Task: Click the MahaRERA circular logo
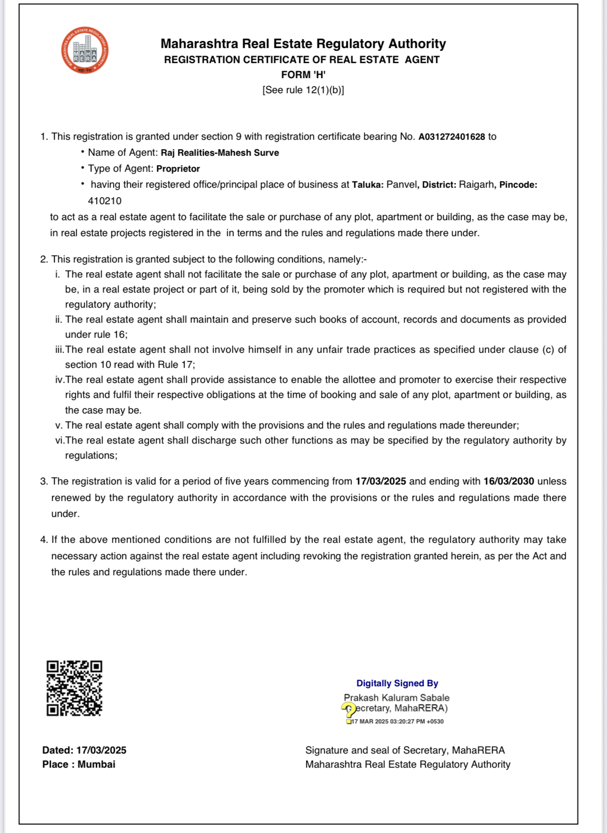[x=85, y=50]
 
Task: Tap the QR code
[x=74, y=688]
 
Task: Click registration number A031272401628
[x=451, y=137]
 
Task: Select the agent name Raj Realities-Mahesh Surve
[x=220, y=153]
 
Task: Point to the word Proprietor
[x=178, y=169]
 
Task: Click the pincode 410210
[x=104, y=201]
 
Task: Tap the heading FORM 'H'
[x=303, y=75]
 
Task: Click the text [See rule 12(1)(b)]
[x=303, y=90]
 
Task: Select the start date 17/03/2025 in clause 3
[x=381, y=481]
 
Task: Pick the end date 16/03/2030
[x=509, y=481]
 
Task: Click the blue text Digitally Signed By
[x=397, y=683]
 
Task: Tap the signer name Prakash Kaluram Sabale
[x=397, y=698]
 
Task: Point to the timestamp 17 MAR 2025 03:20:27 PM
[x=398, y=722]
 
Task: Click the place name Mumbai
[x=96, y=764]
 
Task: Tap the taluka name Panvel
[x=401, y=185]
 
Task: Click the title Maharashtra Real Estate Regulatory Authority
[x=303, y=44]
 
